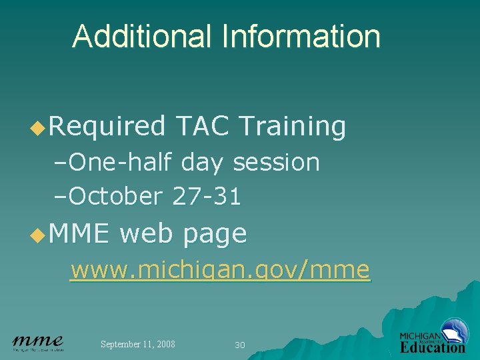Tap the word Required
point(107,125)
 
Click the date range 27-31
point(207,197)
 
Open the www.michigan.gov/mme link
point(220,270)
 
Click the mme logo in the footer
point(38,343)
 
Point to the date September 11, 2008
point(138,344)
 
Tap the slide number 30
point(240,345)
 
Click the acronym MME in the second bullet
point(78,234)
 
